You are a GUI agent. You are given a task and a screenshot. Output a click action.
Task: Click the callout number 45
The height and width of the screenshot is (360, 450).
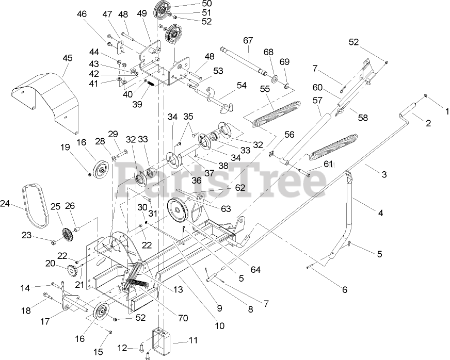pos(68,58)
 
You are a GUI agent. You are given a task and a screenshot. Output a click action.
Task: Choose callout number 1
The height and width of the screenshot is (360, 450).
pos(447,110)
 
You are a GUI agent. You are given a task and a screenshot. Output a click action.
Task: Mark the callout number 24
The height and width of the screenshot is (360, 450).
pos(5,204)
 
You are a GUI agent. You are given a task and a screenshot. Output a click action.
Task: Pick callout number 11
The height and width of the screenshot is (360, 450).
pos(193,340)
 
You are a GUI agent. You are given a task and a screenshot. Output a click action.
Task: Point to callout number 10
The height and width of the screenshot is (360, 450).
pos(220,325)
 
